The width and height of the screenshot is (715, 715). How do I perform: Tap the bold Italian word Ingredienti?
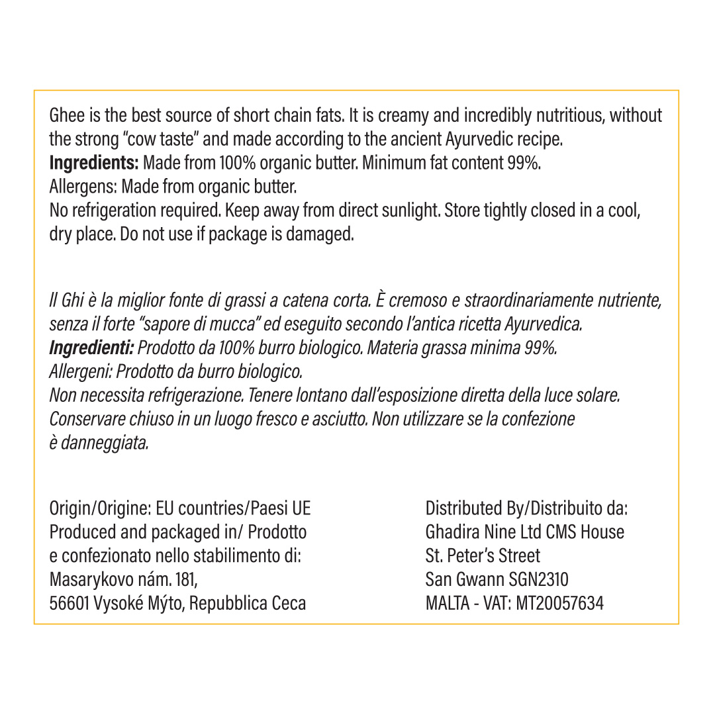click(x=91, y=348)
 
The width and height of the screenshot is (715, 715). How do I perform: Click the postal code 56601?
click(x=70, y=604)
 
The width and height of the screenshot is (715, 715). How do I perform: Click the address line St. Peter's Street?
click(x=483, y=556)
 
